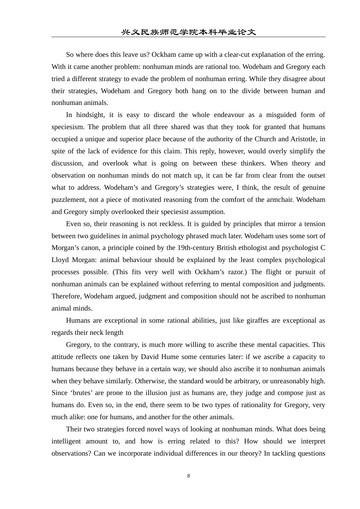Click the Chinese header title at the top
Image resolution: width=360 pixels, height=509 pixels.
click(x=188, y=32)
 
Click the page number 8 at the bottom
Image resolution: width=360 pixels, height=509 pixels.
click(x=188, y=476)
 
